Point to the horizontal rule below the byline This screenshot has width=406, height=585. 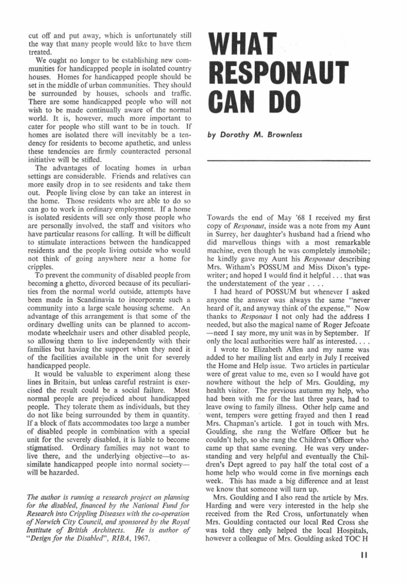click(x=289, y=161)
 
